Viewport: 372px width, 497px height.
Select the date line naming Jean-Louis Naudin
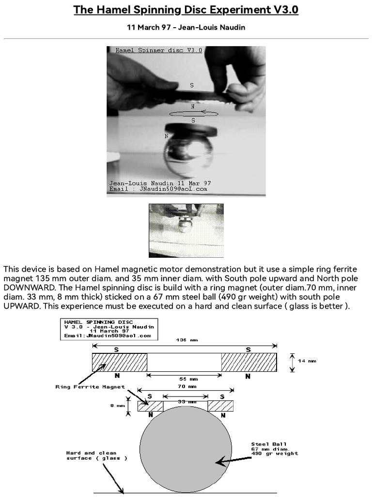pos(186,27)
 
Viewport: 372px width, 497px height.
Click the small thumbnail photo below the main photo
pos(186,230)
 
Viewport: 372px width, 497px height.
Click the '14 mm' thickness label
pos(307,361)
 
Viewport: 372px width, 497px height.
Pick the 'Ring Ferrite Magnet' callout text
pos(90,387)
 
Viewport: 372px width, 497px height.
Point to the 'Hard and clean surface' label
pos(97,455)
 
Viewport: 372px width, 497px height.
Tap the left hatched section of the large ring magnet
pos(120,363)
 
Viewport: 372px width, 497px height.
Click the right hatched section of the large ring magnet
pos(249,363)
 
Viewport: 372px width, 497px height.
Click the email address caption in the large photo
pos(158,189)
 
